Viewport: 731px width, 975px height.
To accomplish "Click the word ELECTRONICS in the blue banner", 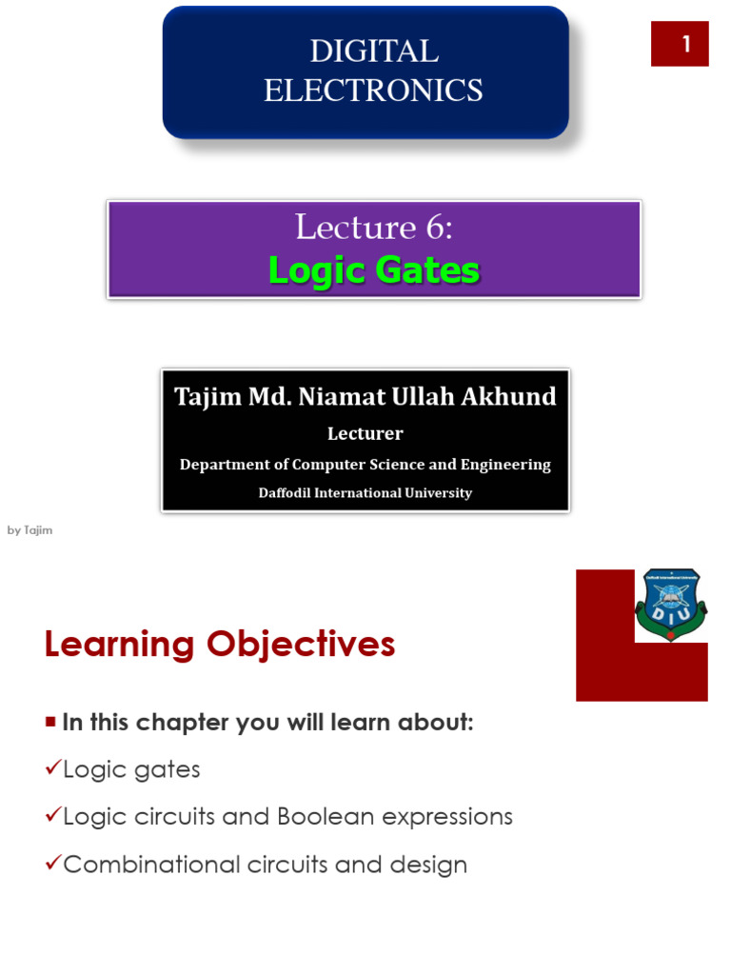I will [x=373, y=90].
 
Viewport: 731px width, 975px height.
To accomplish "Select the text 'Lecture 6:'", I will [x=374, y=227].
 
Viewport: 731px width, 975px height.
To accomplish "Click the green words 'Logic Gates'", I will [x=374, y=270].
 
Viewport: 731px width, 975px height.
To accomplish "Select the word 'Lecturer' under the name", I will [x=365, y=433].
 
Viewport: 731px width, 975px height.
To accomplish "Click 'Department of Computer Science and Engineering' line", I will [x=365, y=465].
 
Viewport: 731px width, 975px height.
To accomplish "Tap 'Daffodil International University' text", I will [x=365, y=493].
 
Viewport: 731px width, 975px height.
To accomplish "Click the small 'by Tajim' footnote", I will [x=30, y=530].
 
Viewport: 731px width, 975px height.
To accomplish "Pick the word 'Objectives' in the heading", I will [x=300, y=645].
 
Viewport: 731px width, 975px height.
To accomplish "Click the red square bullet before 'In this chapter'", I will [x=50, y=721].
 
